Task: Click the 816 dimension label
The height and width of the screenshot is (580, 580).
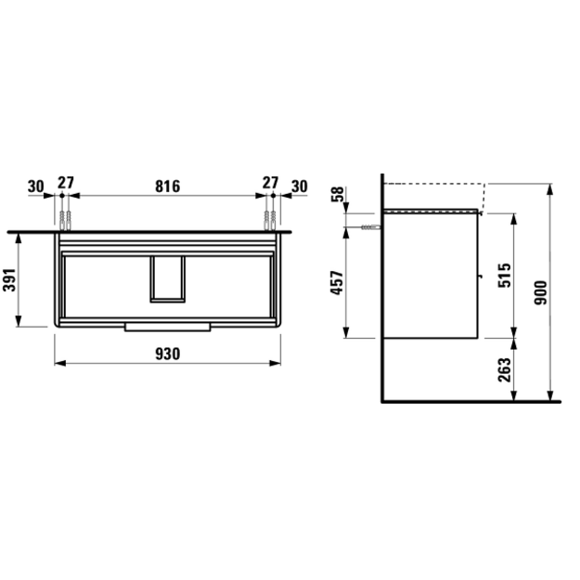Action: click(x=168, y=186)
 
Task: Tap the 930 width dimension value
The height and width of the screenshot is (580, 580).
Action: click(x=168, y=354)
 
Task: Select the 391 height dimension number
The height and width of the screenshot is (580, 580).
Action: click(x=9, y=279)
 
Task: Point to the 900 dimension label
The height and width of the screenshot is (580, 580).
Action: click(x=541, y=292)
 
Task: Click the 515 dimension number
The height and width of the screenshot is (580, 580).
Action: click(x=505, y=276)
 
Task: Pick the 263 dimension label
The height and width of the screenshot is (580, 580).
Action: click(x=505, y=370)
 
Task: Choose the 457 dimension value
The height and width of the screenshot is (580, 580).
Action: click(x=337, y=283)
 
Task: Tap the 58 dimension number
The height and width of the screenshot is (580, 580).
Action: click(x=337, y=194)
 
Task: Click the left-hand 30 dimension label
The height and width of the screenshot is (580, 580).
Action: click(x=36, y=187)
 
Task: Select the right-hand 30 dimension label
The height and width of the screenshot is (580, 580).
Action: click(x=299, y=187)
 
